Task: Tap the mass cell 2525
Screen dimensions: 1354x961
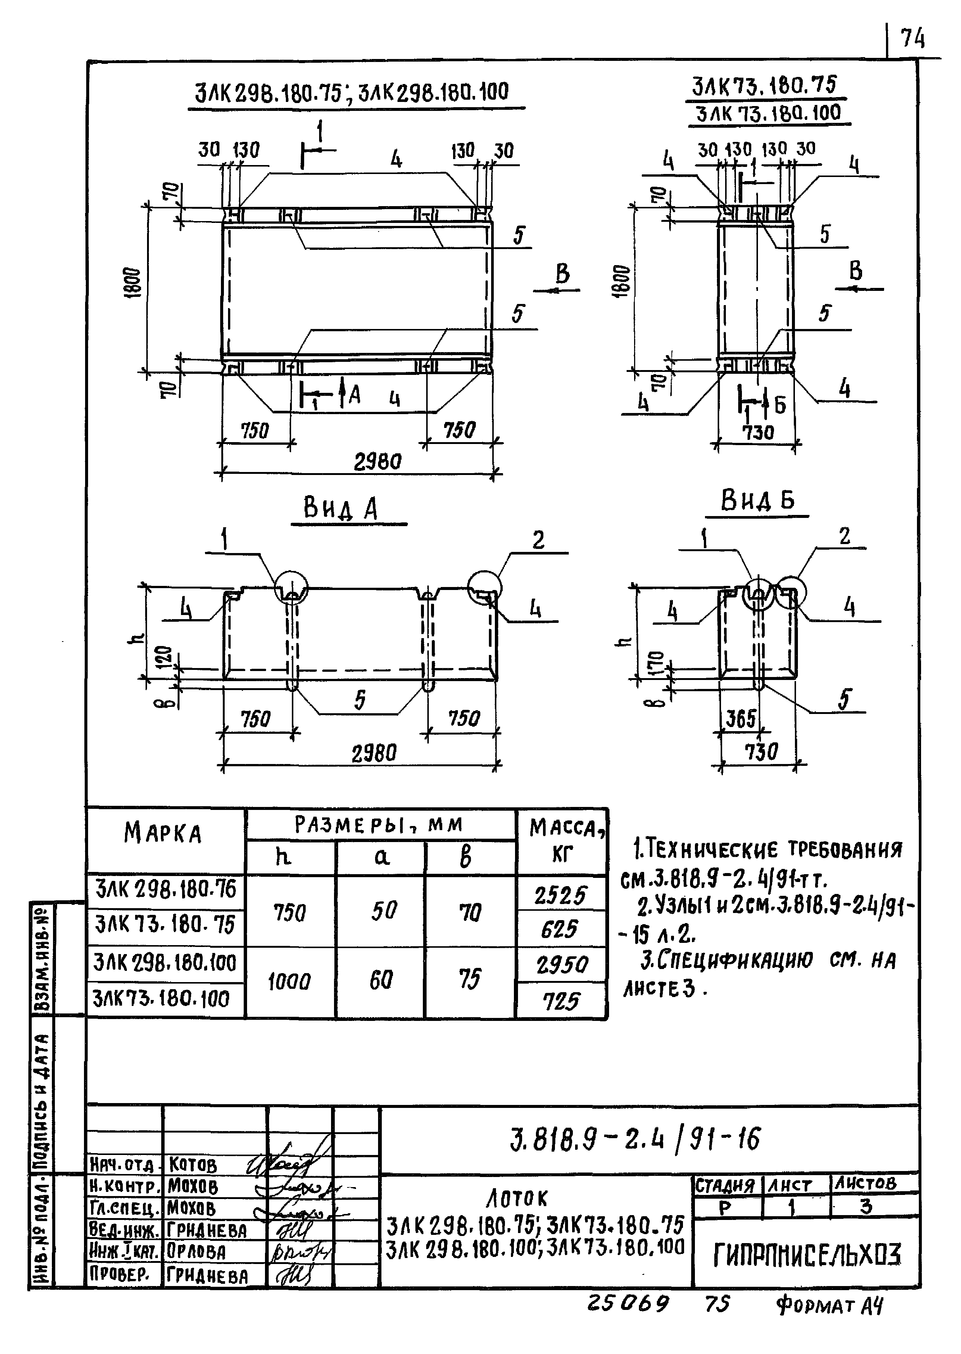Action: [x=561, y=895]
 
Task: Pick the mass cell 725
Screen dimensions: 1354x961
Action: [x=561, y=1002]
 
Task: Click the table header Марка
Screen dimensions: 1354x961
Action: [x=163, y=833]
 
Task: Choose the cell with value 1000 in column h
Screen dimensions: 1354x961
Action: [x=289, y=983]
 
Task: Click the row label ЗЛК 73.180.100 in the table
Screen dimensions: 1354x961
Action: [x=161, y=999]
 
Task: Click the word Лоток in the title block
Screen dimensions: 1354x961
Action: [x=517, y=1199]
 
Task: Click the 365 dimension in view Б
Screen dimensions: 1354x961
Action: [x=741, y=719]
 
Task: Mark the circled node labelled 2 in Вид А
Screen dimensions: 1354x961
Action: [x=485, y=588]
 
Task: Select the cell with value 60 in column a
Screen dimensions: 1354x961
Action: [x=381, y=981]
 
